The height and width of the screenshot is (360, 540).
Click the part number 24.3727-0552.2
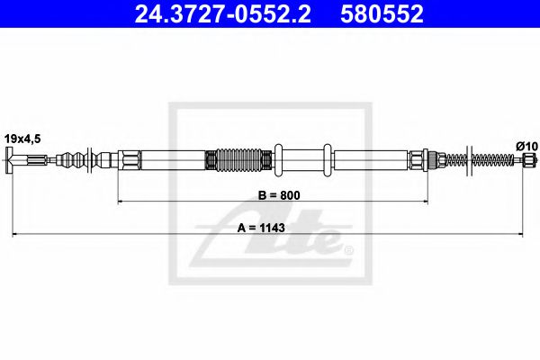click(x=226, y=13)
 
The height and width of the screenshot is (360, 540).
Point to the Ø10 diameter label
click(x=525, y=145)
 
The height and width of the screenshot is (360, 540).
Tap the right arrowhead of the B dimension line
click(x=423, y=204)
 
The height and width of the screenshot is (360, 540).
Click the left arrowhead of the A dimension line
click(x=13, y=236)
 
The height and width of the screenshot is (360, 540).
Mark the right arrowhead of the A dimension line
click(x=531, y=236)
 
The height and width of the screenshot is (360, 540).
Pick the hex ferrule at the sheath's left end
click(x=130, y=162)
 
